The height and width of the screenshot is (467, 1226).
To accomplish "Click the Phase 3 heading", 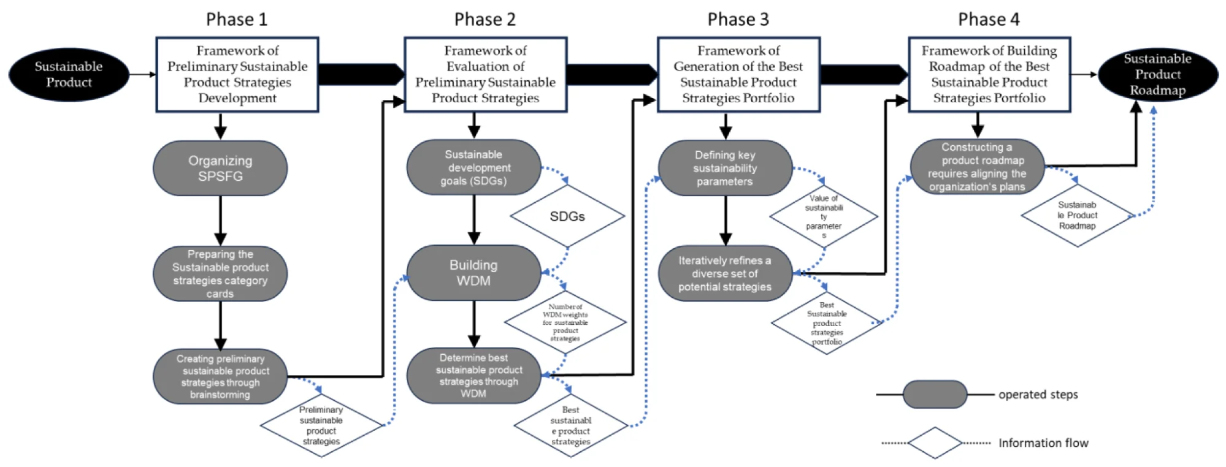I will click(738, 20).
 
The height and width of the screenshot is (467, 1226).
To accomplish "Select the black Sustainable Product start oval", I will click(69, 74).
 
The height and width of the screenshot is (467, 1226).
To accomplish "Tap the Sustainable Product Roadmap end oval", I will click(1157, 74).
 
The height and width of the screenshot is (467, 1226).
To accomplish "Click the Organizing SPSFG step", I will click(220, 169).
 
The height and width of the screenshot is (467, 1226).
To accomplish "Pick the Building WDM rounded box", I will click(473, 273).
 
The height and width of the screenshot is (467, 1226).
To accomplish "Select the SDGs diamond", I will click(567, 216).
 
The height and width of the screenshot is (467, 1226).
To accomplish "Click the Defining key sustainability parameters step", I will click(725, 168).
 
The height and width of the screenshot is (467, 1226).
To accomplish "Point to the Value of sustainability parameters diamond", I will click(824, 216).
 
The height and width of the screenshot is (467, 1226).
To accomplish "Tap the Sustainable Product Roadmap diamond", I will click(1077, 216).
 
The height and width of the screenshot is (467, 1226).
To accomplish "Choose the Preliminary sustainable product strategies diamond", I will click(321, 425).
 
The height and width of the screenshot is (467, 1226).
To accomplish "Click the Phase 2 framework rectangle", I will click(485, 74).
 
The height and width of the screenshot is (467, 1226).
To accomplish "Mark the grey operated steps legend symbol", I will click(935, 395).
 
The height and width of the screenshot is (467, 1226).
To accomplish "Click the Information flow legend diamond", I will click(935, 442).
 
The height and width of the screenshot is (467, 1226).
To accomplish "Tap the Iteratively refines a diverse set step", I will click(725, 273).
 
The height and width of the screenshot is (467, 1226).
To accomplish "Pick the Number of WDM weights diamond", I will click(565, 322).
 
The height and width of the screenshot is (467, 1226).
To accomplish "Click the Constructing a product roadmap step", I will click(977, 167).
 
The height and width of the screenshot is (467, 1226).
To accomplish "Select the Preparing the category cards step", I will click(220, 273).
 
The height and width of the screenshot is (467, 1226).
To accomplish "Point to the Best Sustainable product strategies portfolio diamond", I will click(826, 323).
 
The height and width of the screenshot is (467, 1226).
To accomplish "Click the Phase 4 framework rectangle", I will click(989, 74).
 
